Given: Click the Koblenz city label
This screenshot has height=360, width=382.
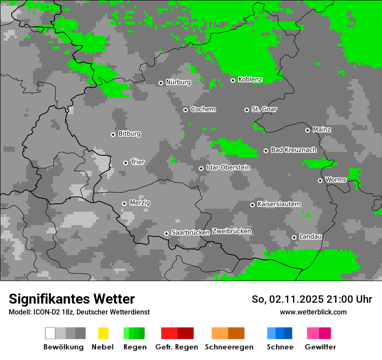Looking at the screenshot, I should pos(250,80).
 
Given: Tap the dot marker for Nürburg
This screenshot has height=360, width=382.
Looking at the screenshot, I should pos(161,83).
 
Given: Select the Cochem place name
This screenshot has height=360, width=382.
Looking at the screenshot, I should pos(203,109).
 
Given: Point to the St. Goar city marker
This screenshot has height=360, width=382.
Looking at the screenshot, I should pos(247,110).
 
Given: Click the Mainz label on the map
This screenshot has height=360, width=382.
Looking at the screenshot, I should pos(322,130).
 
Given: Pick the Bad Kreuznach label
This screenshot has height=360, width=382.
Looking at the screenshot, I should pos(293,150).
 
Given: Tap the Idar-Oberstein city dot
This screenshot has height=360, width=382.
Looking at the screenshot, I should pos(201,168).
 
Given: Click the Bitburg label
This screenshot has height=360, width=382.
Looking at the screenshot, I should pos(129,134).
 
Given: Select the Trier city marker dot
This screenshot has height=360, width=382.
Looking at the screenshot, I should pos(125,163).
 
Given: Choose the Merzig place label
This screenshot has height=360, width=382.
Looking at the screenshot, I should pos(140,203).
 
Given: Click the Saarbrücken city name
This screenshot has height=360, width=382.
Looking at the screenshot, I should pos(191,233).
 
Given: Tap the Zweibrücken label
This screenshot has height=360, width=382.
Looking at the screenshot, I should pos(231,231).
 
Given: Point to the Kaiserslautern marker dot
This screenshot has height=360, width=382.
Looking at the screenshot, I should pos(252,205).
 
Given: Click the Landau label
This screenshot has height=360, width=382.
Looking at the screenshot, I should pos(310,237).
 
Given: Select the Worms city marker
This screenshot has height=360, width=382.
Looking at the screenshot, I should pos(320,180).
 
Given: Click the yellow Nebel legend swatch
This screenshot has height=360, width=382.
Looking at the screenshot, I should pos(103,333).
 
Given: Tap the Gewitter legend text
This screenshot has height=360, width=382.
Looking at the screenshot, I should pos(320,347).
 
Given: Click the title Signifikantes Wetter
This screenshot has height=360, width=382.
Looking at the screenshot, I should pos(72,299).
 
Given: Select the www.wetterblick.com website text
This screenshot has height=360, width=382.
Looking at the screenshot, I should pos(313,312).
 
